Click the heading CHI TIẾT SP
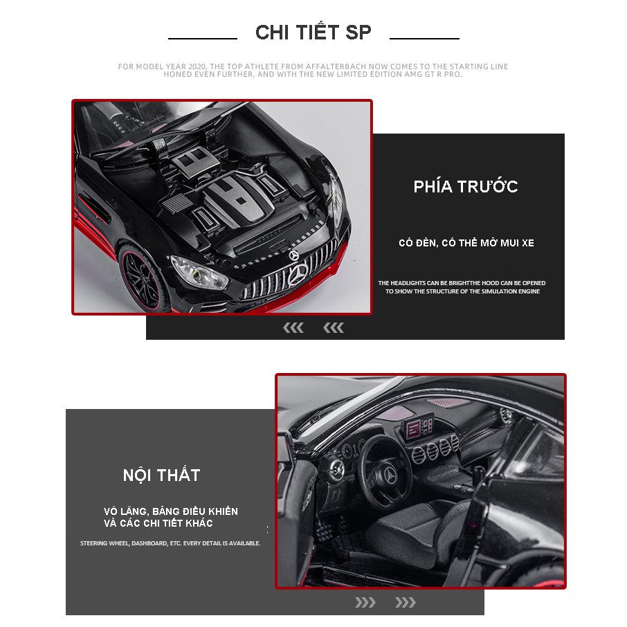313,33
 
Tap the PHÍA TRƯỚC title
466,186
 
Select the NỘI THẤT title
161,475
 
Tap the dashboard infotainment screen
418,428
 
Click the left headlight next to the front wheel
199,273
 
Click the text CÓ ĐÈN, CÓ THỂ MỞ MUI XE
466,243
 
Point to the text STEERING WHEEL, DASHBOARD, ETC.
170,543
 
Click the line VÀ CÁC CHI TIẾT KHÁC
158,523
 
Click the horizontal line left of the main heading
203,39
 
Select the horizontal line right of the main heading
424,39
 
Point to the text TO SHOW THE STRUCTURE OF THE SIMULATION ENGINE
462,291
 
